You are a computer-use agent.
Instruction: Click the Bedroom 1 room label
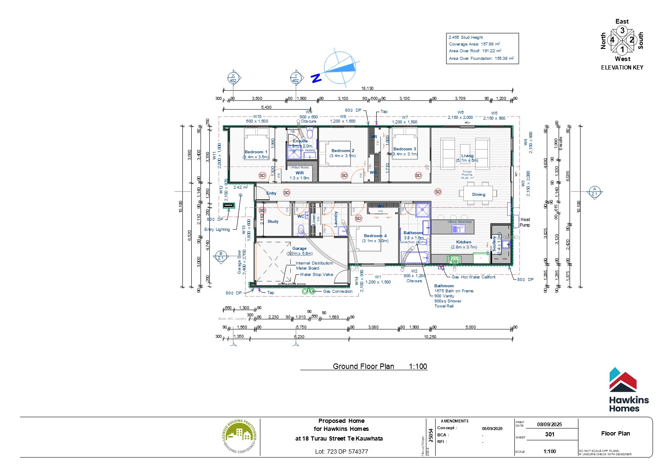pyautogui.click(x=256, y=152)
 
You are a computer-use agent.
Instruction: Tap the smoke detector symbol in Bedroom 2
pyautogui.click(x=344, y=175)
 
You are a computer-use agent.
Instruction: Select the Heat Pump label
pyautogui.click(x=525, y=222)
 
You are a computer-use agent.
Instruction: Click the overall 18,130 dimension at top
pyautogui.click(x=367, y=88)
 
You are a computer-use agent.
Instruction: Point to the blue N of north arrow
pyautogui.click(x=316, y=78)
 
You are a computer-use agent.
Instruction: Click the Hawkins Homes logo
pyautogui.click(x=628, y=390)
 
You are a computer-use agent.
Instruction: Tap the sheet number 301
pyautogui.click(x=549, y=434)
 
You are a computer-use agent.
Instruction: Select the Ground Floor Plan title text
pyautogui.click(x=363, y=366)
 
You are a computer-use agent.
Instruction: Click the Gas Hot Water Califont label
pyautogui.click(x=474, y=277)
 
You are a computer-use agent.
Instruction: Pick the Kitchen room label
pyautogui.click(x=463, y=242)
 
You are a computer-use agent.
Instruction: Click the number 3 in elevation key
pyautogui.click(x=622, y=30)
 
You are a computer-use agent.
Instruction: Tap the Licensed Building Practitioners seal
pyautogui.click(x=239, y=437)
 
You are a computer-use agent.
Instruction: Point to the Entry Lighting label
pyautogui.click(x=217, y=230)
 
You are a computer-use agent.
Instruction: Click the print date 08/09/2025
pyautogui.click(x=549, y=424)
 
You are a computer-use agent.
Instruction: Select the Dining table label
pyautogui.click(x=479, y=195)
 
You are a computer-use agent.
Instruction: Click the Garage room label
pyautogui.click(x=299, y=249)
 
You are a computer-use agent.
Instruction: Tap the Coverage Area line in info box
pyautogui.click(x=474, y=44)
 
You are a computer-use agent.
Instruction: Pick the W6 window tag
pyautogui.click(x=460, y=112)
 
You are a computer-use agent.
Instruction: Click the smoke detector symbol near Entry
pyautogui.click(x=286, y=192)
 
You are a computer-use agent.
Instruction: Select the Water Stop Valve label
pyautogui.click(x=316, y=275)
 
